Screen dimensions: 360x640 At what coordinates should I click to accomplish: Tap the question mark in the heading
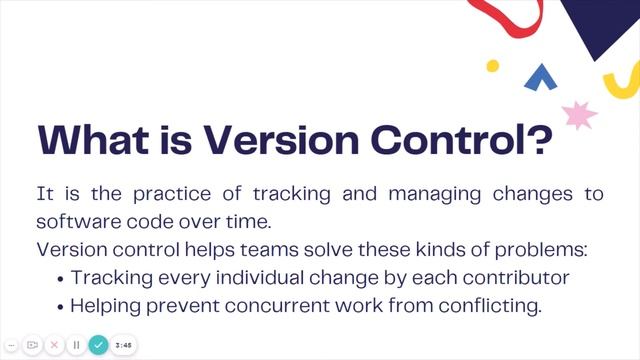pyautogui.click(x=536, y=140)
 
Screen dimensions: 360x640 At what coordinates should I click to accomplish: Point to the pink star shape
pyautogui.click(x=580, y=114)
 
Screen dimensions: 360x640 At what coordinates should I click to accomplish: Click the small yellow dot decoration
pyautogui.click(x=492, y=66)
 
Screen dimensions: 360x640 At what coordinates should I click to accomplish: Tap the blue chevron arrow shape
pyautogui.click(x=541, y=74)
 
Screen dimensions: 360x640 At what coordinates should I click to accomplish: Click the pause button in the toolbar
pyautogui.click(x=75, y=345)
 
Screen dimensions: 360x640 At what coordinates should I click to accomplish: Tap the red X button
pyautogui.click(x=54, y=345)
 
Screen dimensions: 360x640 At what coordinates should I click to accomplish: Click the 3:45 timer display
pyautogui.click(x=124, y=345)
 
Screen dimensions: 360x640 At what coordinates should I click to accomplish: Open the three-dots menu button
pyautogui.click(x=11, y=345)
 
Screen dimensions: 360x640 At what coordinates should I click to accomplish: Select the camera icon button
pyautogui.click(x=32, y=345)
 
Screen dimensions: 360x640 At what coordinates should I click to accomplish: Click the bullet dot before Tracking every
pyautogui.click(x=62, y=278)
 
